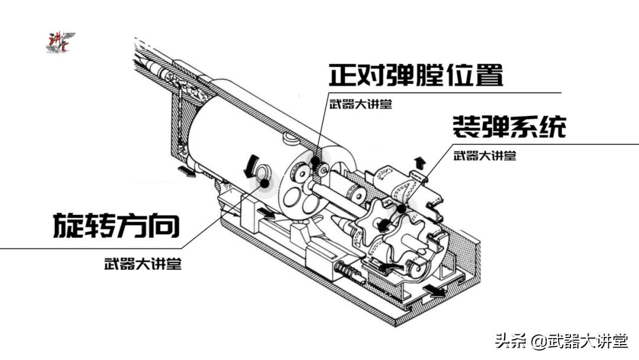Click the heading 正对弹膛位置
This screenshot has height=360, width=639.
click(416, 75)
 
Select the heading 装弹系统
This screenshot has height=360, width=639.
click(509, 126)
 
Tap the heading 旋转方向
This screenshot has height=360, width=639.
click(117, 226)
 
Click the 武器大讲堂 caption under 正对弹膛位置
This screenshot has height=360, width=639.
click(361, 104)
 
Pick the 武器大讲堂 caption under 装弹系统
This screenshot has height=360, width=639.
click(485, 156)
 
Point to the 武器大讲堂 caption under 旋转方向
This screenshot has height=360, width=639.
click(143, 264)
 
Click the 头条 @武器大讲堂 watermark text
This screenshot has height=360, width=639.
click(561, 341)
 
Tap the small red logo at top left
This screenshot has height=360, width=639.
click(60, 43)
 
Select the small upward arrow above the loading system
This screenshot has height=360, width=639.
click(419, 163)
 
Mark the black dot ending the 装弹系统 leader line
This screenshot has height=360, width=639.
click(402, 209)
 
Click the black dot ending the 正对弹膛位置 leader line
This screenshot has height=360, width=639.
click(315, 160)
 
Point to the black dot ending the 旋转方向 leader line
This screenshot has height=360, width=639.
click(265, 184)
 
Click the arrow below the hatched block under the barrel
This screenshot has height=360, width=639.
click(188, 171)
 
